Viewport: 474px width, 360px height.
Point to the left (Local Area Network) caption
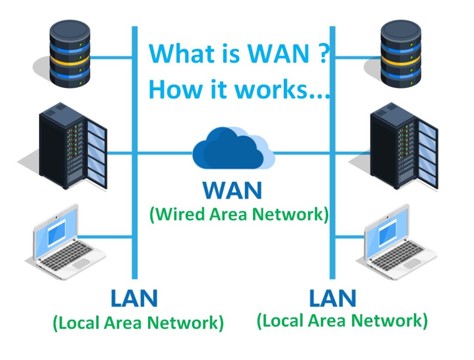[138, 323]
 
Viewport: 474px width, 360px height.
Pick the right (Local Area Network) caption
[342, 320]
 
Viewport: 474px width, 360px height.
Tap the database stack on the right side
[400, 53]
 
